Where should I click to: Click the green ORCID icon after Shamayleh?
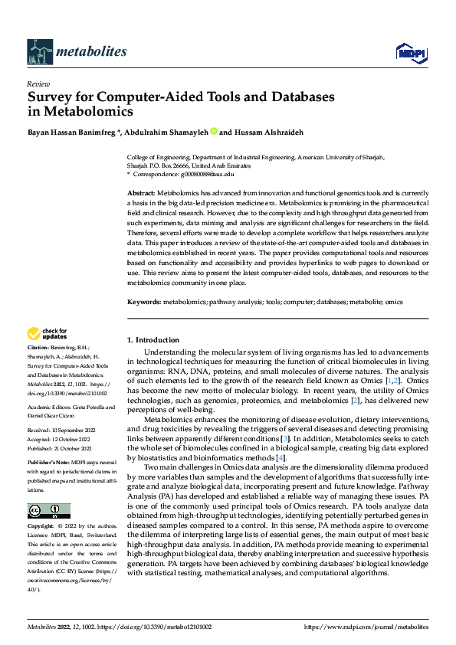[214, 131]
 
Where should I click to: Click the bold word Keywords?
[144, 303]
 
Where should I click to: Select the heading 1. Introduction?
[153, 340]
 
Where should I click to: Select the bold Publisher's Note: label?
[50, 464]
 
